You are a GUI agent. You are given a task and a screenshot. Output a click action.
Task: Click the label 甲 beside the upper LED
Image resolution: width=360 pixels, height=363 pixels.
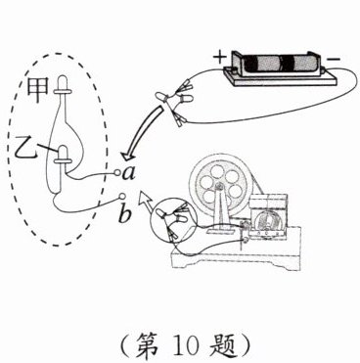(x=38, y=90)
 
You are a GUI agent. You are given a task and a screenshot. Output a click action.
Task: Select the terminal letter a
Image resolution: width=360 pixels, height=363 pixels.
(x=129, y=174)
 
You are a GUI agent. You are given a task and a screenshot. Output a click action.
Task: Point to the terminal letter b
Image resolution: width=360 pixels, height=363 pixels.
(x=124, y=213)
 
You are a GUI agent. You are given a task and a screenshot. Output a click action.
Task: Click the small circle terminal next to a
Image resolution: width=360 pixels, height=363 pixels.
(x=117, y=172)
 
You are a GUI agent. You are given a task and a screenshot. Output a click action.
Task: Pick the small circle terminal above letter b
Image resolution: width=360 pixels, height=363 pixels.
(x=122, y=197)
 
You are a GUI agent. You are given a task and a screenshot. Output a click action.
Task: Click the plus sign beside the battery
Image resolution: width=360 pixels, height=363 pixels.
(x=219, y=58)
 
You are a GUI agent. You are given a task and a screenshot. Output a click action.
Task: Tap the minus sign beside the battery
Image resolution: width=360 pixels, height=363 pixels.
(x=334, y=60)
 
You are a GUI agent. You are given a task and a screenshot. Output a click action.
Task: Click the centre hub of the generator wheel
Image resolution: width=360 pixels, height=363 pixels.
(x=219, y=187)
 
